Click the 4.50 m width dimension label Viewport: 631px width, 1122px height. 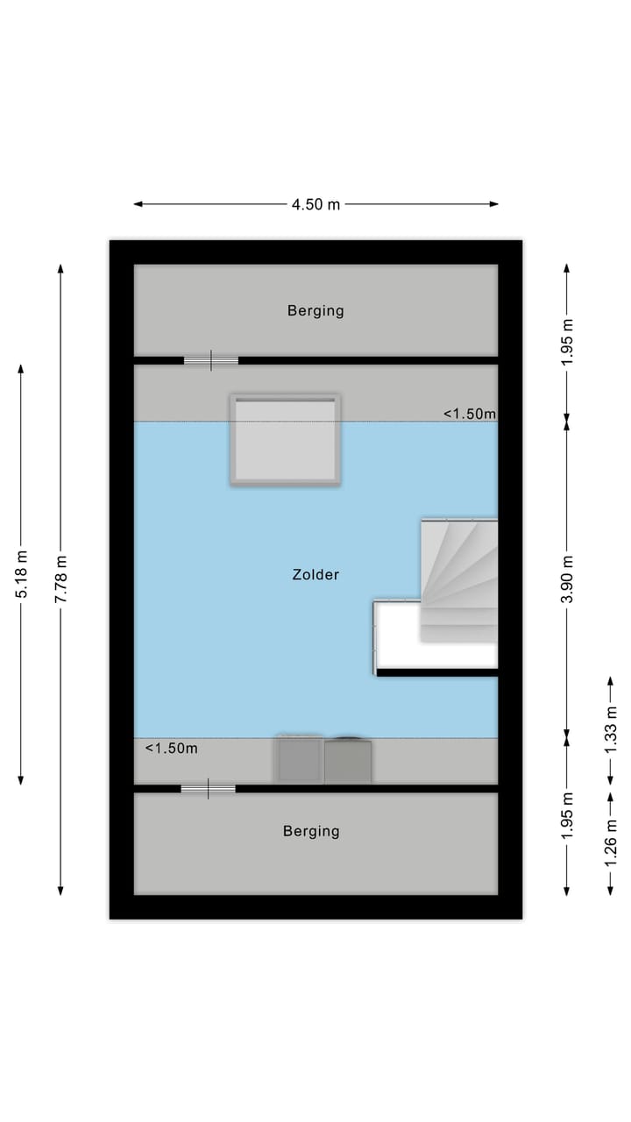pos(315,204)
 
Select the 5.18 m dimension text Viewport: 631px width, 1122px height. pos(21,574)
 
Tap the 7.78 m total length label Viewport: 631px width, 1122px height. pos(60,579)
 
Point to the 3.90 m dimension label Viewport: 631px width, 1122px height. pos(567,579)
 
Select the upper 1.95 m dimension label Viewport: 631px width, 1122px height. pos(567,337)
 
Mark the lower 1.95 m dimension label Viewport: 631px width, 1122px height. pos(567,815)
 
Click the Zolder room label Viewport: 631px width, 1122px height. pos(315,575)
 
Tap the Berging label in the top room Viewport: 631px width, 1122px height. pos(315,310)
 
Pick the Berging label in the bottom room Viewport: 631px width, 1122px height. pos(311,831)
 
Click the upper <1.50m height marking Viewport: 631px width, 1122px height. pos(469,414)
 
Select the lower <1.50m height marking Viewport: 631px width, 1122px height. pos(171,748)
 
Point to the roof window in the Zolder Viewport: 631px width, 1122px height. pos(286,439)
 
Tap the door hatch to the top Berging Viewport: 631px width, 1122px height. pos(211,360)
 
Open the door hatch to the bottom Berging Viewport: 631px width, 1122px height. pos(209,789)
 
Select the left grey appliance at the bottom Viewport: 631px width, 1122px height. pos(300,760)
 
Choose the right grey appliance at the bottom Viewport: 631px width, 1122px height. pos(348,761)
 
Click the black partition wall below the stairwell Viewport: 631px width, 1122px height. pos(436,672)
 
